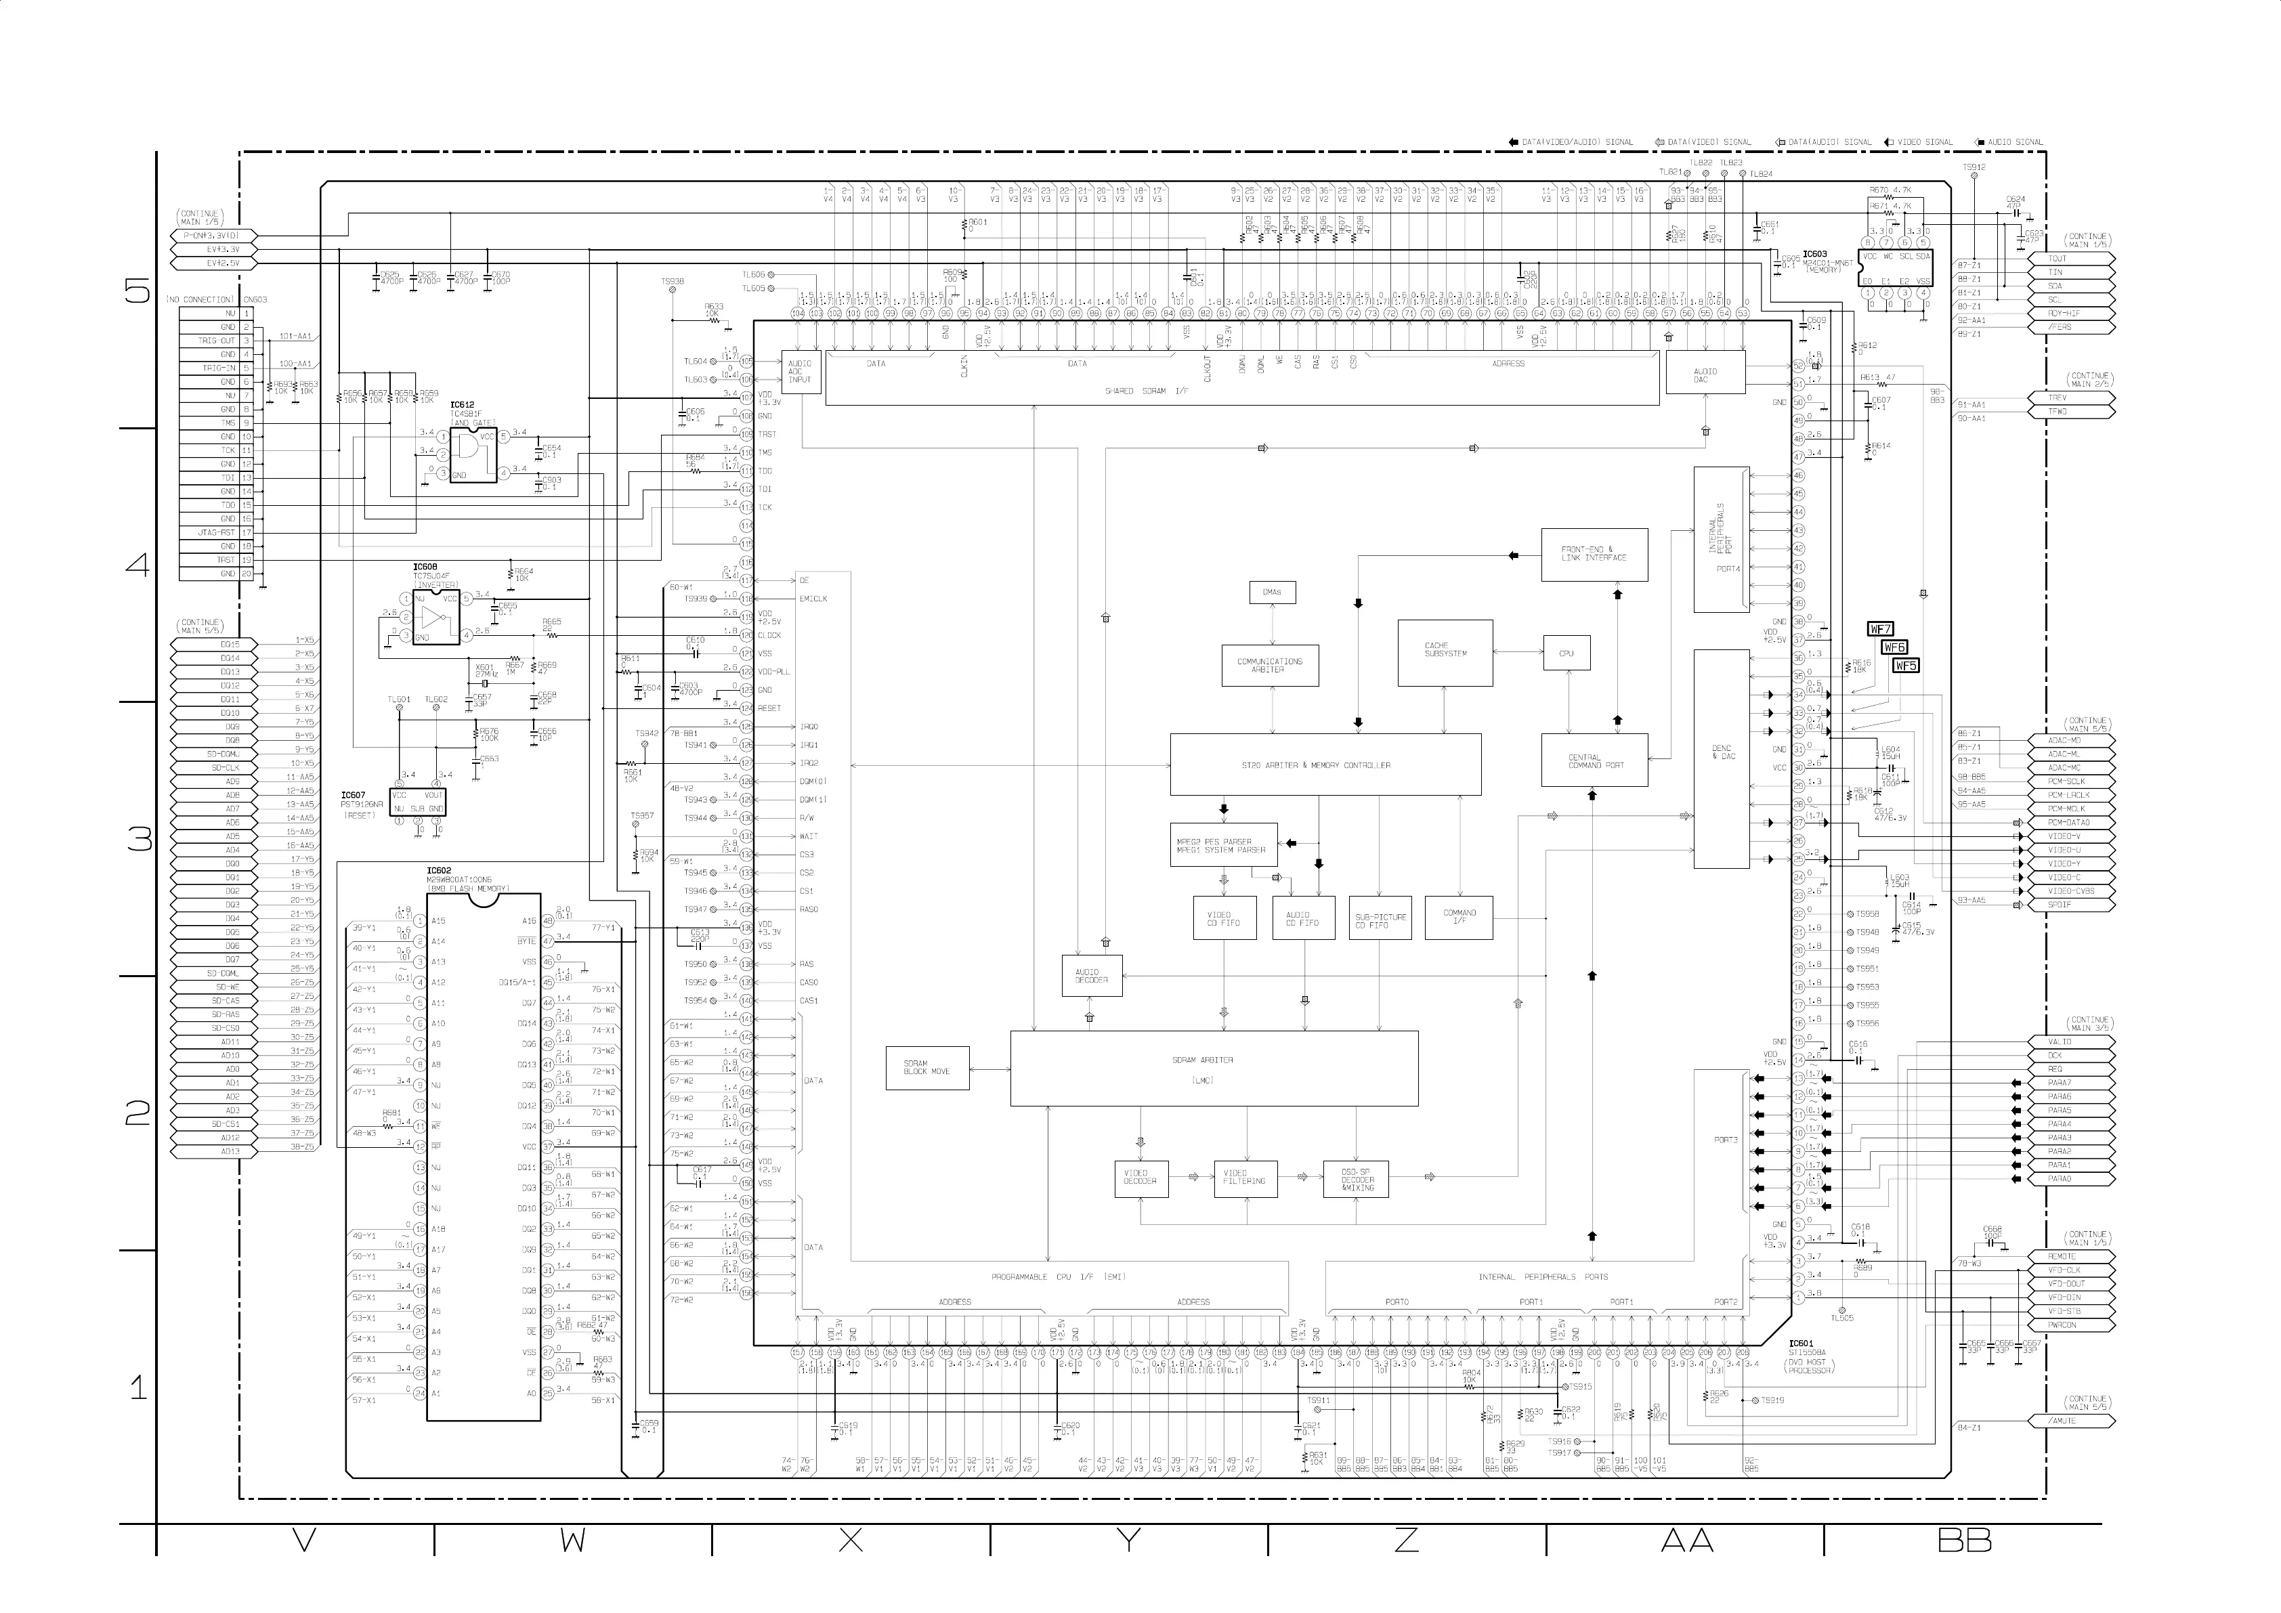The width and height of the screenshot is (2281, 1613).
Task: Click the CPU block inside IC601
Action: [x=1566, y=653]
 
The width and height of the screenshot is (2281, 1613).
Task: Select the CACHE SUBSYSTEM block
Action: [x=1445, y=653]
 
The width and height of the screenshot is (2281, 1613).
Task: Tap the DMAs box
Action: [x=1272, y=593]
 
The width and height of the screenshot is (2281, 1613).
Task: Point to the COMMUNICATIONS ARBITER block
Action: [x=1270, y=666]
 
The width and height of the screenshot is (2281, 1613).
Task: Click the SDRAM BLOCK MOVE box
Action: [x=927, y=1068]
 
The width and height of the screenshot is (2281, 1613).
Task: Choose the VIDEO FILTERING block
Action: [x=1245, y=1178]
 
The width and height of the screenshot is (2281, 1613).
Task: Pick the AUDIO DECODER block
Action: [x=1092, y=976]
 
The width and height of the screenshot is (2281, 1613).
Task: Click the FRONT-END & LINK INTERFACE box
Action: [x=1594, y=554]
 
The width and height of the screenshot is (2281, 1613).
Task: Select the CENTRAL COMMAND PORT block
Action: [x=1594, y=762]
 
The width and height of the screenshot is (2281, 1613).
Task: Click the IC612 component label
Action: [x=462, y=405]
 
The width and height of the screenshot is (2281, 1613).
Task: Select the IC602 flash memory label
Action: [x=438, y=871]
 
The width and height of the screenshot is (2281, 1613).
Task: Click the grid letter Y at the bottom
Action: [x=1128, y=1541]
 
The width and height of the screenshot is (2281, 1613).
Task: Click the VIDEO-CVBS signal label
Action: [x=2070, y=892]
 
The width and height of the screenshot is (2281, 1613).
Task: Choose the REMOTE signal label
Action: [x=2062, y=1256]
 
